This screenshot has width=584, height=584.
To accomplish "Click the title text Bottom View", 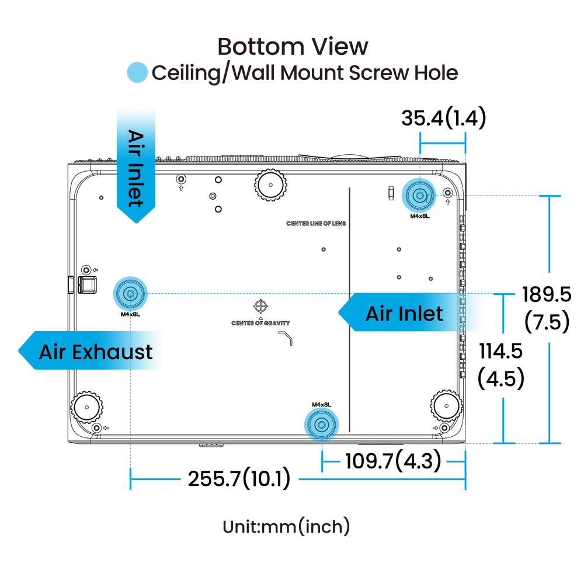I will coord(293,47).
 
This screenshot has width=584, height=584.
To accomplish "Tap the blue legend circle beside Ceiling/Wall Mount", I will coord(138,73).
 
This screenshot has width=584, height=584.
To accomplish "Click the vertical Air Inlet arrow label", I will coord(136,166).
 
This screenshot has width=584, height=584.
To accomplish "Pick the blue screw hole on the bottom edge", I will coord(320,422).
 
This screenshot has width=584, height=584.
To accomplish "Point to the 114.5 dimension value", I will coord(500,352).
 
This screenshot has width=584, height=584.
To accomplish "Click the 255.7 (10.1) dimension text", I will coord(238,479).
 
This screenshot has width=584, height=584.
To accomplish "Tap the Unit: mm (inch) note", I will coord(287,527).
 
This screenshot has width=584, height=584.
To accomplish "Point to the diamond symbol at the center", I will coord(260,306).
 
